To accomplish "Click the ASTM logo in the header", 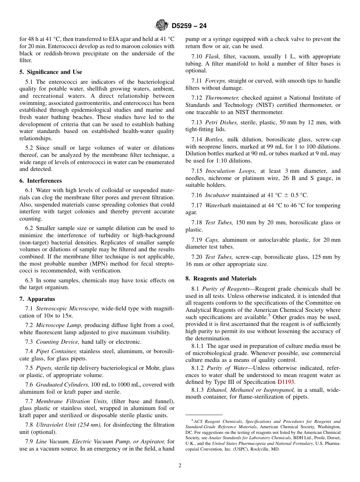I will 162,26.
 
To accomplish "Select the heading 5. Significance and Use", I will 51,72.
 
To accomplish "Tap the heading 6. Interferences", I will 41,181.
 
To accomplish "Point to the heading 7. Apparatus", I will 37,299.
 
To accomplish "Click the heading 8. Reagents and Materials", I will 221,279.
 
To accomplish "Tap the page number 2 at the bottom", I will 180,466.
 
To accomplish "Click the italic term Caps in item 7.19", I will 212,240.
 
